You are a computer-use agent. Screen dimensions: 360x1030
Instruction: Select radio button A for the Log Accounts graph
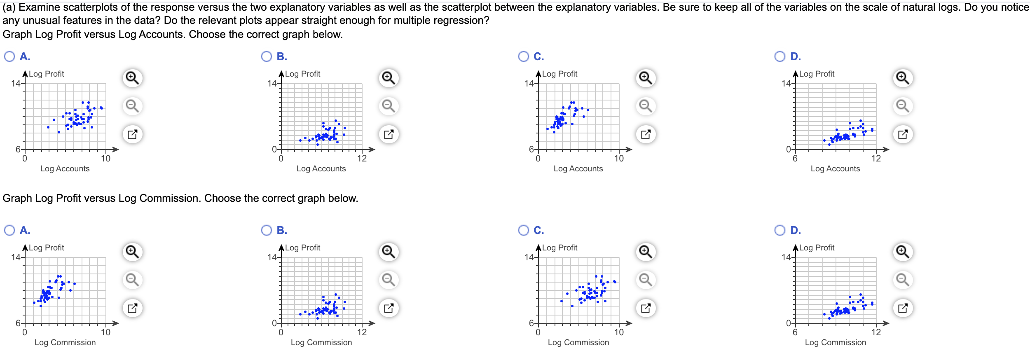point(9,56)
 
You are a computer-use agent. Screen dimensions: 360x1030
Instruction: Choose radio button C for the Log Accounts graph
point(523,56)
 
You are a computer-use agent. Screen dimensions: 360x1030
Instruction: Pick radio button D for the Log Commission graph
point(780,230)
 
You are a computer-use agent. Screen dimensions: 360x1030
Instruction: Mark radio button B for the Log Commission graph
point(267,230)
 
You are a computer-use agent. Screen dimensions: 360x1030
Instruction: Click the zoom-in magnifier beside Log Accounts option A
point(132,78)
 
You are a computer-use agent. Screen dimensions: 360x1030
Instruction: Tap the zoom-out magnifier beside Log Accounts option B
point(389,106)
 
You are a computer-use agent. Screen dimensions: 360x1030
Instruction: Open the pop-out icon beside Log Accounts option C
point(646,134)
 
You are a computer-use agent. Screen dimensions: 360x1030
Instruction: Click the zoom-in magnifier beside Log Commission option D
point(903,252)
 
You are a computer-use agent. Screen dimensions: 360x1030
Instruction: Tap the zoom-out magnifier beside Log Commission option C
point(646,280)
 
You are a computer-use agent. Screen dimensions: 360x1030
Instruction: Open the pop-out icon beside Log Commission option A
point(132,308)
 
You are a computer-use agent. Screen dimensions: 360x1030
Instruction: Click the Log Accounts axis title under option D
point(835,168)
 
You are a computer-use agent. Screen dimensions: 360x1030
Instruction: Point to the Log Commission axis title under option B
point(321,342)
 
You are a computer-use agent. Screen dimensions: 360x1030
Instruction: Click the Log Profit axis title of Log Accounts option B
point(302,74)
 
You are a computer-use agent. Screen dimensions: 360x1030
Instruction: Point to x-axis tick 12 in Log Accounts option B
point(362,159)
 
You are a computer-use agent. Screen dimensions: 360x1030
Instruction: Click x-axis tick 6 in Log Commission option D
point(795,332)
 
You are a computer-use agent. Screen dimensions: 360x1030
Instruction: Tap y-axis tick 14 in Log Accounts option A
point(16,84)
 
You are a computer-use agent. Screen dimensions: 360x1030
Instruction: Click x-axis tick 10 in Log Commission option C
point(619,332)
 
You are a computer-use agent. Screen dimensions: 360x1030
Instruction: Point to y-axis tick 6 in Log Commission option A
point(18,323)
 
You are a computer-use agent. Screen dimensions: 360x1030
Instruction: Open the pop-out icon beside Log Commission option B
point(389,308)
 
